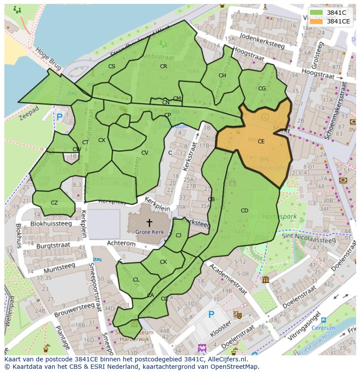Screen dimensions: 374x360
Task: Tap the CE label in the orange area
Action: point(261,142)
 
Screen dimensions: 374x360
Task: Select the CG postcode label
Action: point(262,89)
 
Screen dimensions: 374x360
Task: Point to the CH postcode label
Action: point(222,76)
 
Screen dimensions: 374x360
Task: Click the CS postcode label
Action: point(112,66)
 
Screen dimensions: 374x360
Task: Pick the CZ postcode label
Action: point(54,203)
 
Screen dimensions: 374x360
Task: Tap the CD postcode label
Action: point(244,211)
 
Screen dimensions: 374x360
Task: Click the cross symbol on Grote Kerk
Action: point(149,223)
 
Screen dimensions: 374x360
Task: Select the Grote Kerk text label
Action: point(149,232)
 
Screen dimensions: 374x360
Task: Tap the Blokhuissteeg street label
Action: point(51,224)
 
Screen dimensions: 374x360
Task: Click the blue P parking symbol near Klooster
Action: point(211,314)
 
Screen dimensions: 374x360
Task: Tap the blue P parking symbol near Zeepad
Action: point(59,117)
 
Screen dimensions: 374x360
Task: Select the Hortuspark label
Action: point(279,216)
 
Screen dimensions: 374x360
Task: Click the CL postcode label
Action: point(136,280)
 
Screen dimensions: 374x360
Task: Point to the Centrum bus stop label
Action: point(323,328)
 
